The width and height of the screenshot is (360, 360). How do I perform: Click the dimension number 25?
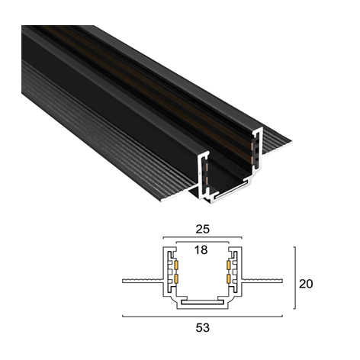click(202, 230)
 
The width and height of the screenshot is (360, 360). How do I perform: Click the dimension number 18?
click(201, 250)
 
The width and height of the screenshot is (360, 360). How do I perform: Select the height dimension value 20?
click(306, 284)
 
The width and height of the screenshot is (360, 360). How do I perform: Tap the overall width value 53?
click(203, 328)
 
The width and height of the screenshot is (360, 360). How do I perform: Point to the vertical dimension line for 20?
click(294, 278)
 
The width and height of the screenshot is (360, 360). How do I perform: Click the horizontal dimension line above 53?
click(202, 317)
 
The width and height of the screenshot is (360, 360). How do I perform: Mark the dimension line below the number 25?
click(202, 237)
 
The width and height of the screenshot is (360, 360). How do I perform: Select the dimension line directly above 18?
click(202, 242)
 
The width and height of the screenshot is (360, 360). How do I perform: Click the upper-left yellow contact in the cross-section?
click(175, 265)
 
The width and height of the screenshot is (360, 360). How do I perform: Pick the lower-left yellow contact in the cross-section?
click(175, 278)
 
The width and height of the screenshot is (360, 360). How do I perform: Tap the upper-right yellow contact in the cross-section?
click(229, 265)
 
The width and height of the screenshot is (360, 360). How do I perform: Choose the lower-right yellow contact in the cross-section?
click(229, 278)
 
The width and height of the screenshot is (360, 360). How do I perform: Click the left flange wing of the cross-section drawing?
click(143, 281)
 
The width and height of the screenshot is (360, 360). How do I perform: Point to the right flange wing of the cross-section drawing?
click(262, 281)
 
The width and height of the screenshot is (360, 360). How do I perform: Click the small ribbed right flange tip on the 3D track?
click(276, 143)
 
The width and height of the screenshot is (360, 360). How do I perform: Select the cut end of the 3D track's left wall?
click(204, 175)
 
